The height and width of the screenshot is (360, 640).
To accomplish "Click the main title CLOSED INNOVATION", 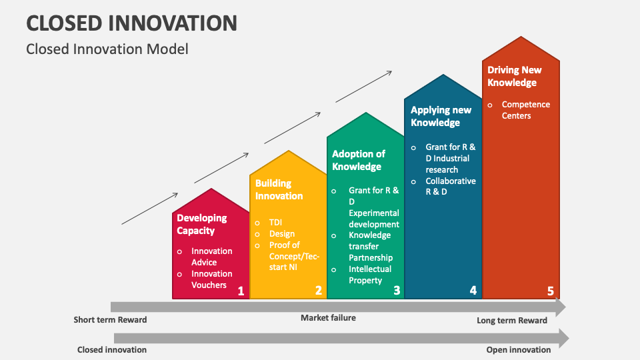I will coord(131,23).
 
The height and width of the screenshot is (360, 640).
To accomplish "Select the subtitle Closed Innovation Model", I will coord(107,49).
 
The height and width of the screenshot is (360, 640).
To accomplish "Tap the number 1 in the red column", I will coord(241,291).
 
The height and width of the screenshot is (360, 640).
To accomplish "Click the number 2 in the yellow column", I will coord(318,290).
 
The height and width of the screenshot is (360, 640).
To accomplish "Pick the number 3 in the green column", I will coord(397,290).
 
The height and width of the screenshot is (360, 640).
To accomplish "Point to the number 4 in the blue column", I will coord(473,290).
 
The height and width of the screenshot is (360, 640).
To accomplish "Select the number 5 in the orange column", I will coord(550,291).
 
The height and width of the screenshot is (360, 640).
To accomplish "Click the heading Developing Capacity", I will coord(201,224).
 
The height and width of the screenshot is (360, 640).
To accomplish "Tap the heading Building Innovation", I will coord(279,189).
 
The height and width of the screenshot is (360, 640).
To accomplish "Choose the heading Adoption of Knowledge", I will coord(359,160).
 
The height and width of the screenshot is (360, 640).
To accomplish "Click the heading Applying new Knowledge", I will coord(441,116).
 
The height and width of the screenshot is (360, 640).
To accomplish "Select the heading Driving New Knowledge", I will coord(514,76).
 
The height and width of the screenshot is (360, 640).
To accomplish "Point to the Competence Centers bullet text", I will coord(525,110).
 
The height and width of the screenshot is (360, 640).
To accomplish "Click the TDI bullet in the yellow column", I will coord(275,222).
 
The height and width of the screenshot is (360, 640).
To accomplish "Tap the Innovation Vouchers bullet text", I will coord(212,279).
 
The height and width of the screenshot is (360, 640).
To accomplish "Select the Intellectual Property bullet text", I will coord(370,275).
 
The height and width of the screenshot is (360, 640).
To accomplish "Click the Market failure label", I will coord(328,318).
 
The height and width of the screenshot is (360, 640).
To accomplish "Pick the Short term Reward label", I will coord(110,320).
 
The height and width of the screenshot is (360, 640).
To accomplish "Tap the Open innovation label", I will coord(519,349).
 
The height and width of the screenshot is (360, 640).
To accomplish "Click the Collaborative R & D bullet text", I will coord(451,186).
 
